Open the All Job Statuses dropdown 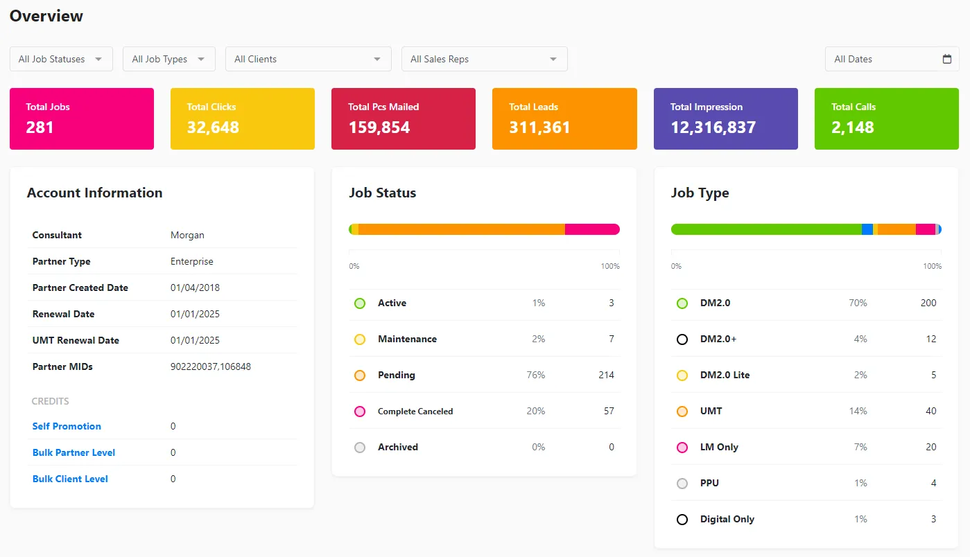61,59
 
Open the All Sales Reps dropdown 484,59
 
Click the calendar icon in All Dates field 947,59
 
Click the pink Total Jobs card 82,118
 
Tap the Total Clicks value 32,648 213,127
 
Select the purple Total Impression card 725,118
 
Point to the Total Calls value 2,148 853,127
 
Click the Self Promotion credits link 67,426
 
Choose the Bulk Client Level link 70,479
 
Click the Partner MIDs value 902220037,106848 211,366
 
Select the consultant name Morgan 187,235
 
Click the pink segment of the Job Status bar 591,229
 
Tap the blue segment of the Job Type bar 867,229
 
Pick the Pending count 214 606,375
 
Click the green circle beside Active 360,303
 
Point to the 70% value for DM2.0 858,303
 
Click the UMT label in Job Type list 711,411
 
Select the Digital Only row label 727,519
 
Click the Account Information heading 94,193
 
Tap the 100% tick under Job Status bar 610,266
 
